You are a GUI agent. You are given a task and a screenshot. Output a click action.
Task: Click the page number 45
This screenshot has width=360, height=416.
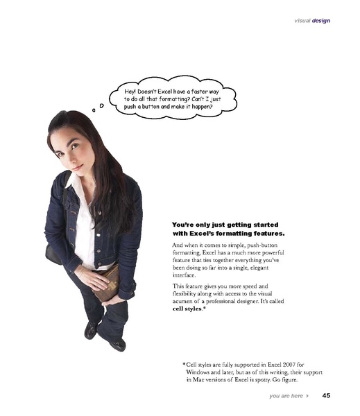(x=326, y=397)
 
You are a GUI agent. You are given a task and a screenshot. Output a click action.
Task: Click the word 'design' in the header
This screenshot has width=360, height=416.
(x=321, y=20)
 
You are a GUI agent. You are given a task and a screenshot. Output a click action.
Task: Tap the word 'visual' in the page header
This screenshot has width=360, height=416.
(x=302, y=20)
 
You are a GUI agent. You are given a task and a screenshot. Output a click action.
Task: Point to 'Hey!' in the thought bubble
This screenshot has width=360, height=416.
(x=130, y=92)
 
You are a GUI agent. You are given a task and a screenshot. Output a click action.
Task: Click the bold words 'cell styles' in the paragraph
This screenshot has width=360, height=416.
(x=188, y=309)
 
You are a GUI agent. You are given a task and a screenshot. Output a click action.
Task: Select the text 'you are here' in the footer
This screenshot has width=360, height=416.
(x=286, y=397)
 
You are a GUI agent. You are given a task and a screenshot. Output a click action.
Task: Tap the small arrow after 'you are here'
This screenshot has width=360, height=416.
(x=307, y=397)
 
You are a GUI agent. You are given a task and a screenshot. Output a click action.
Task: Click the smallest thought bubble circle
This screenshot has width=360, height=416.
(x=93, y=110)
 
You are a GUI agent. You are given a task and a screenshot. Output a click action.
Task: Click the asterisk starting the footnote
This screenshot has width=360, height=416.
(x=184, y=364)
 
